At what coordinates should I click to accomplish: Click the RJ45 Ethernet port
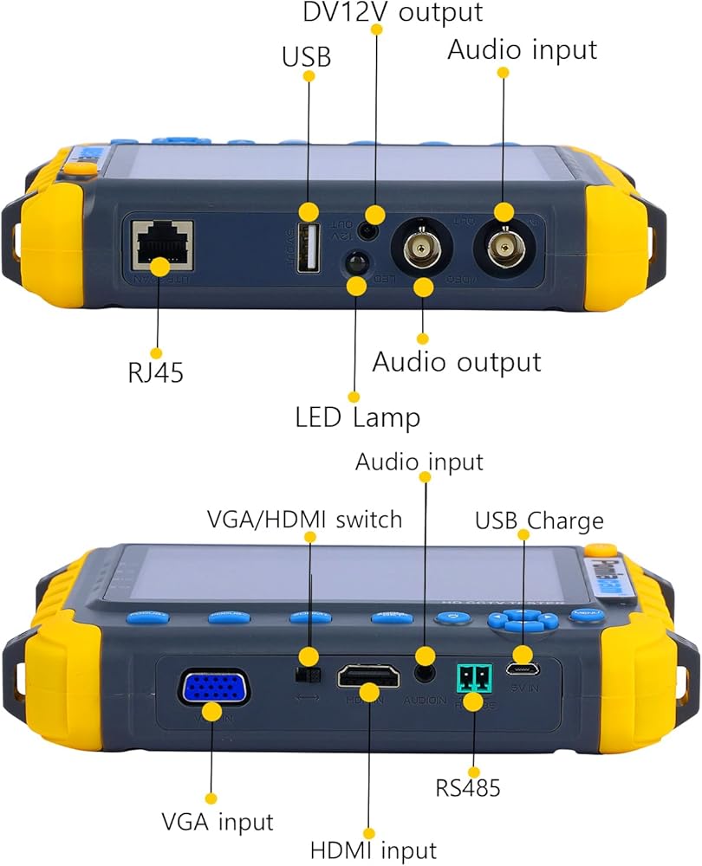tap(162, 247)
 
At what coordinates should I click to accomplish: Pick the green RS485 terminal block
tap(472, 676)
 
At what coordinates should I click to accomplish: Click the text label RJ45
tap(155, 373)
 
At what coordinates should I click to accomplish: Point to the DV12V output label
tap(392, 12)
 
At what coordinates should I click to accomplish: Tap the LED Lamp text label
tap(357, 417)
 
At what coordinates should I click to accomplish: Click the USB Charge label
tap(538, 521)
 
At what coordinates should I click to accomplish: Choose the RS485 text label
tap(468, 788)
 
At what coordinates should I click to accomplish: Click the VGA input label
tap(217, 821)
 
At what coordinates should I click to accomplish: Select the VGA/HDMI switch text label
tap(305, 520)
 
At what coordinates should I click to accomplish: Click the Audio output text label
tap(457, 361)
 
